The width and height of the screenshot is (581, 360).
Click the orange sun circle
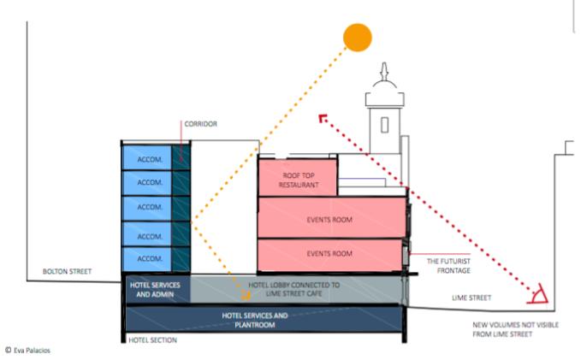tap(357, 38)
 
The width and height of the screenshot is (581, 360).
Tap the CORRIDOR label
tap(200, 124)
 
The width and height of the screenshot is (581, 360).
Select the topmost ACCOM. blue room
tap(146, 158)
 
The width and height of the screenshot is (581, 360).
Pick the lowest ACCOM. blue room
tap(146, 259)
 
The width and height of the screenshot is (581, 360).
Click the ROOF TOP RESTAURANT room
tap(298, 177)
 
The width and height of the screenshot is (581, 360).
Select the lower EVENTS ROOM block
tap(329, 255)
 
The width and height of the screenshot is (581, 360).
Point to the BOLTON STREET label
tap(67, 271)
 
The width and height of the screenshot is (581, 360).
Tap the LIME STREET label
tap(471, 298)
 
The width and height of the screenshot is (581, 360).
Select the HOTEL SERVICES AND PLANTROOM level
tap(264, 319)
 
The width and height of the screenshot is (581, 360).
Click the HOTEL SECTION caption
tap(152, 340)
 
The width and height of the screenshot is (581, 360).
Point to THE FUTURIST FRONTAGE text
tap(448, 266)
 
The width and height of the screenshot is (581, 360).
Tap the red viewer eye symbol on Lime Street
tap(538, 294)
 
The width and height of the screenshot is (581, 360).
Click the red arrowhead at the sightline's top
tap(323, 118)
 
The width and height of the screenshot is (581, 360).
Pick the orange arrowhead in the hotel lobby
tap(246, 295)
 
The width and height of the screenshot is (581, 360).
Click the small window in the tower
tap(384, 125)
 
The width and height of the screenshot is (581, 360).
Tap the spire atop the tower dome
tap(384, 71)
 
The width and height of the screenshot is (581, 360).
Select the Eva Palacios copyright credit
tap(27, 351)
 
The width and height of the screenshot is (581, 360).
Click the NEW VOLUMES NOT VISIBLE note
tap(515, 329)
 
